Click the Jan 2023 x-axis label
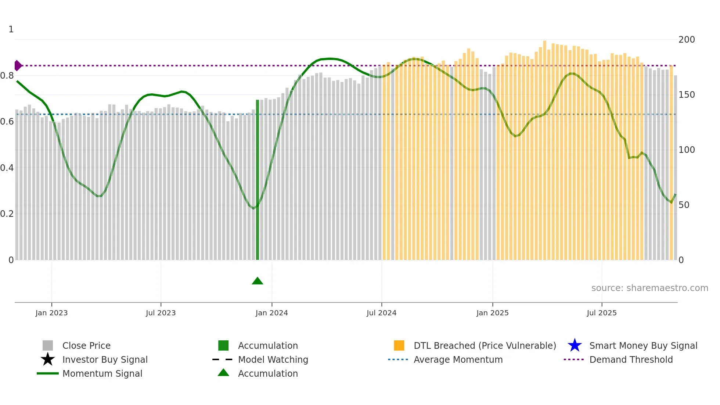[x=51, y=313]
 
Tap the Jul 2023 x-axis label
[x=161, y=313]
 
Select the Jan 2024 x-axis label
[x=271, y=313]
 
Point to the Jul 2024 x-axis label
[x=381, y=313]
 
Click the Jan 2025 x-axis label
[x=492, y=313]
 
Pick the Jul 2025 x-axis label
[x=601, y=313]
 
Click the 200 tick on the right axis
[x=687, y=40]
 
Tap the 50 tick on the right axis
[x=684, y=205]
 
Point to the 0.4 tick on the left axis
[x=7, y=168]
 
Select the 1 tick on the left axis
[x=11, y=29]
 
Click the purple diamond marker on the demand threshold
[x=18, y=66]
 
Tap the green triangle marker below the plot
[x=258, y=281]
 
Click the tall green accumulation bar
[x=258, y=180]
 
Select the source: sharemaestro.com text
[x=649, y=288]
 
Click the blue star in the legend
[x=575, y=345]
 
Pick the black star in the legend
[x=48, y=359]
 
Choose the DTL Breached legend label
[x=485, y=346]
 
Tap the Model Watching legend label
[x=273, y=360]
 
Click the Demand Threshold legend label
[x=631, y=360]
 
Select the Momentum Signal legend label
[x=102, y=374]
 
